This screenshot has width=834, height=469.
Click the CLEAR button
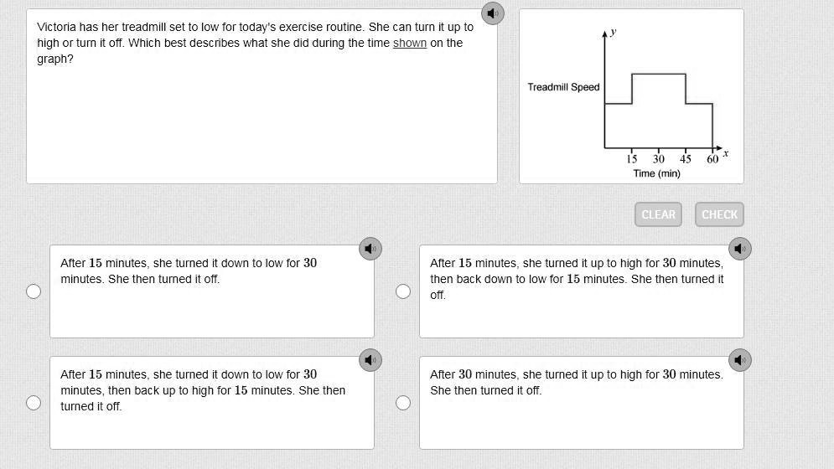point(658,214)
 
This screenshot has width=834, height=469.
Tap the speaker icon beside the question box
point(493,13)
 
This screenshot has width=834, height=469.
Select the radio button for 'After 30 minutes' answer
point(403,403)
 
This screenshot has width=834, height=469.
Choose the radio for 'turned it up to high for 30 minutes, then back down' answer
point(403,291)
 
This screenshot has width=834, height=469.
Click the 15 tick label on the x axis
point(631,158)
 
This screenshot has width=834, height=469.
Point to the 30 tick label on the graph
point(659,158)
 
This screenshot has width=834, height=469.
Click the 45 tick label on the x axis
point(686,158)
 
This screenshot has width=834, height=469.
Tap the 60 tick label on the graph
point(712,158)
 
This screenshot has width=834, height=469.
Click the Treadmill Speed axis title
point(563,86)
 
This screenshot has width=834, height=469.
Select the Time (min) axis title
point(657,173)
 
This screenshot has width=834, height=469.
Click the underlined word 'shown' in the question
point(410,43)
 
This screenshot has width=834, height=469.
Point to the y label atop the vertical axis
point(614,32)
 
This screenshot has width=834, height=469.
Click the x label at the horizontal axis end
point(726,153)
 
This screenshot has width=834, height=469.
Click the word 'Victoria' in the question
point(56,27)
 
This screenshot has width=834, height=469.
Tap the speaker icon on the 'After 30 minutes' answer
point(740,360)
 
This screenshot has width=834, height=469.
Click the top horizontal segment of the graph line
point(659,74)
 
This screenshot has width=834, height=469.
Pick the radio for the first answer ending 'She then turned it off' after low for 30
point(34,291)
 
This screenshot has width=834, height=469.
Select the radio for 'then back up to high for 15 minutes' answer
point(34,403)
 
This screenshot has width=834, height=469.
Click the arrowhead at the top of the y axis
point(604,33)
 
